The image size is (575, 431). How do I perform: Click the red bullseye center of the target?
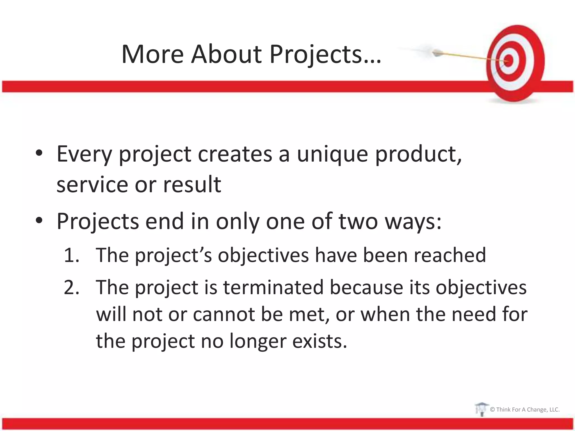click(509, 61)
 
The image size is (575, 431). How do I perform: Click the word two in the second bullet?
click(358, 221)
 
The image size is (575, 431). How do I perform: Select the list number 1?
click(71, 255)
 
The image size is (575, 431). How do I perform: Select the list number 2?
click(71, 288)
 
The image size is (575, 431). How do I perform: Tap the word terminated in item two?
click(273, 288)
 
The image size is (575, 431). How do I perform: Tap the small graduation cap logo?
click(481, 409)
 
